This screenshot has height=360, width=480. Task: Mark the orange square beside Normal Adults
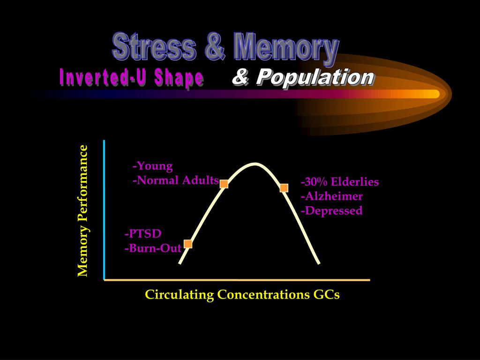pyautogui.click(x=224, y=184)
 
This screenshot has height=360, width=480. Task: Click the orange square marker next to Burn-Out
pyautogui.click(x=188, y=244)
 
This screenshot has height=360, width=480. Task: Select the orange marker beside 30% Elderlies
pyautogui.click(x=284, y=188)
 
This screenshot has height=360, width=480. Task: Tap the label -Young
pyautogui.click(x=153, y=166)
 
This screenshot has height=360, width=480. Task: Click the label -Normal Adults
pyautogui.click(x=176, y=180)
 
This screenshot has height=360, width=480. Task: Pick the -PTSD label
pyautogui.click(x=143, y=234)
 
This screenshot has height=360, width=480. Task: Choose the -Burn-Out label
pyautogui.click(x=153, y=248)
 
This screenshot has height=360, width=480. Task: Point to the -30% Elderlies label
pyautogui.click(x=340, y=182)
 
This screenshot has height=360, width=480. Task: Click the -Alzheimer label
pyautogui.click(x=332, y=196)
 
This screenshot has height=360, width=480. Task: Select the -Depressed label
pyautogui.click(x=331, y=210)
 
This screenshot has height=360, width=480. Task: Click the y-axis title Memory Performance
pyautogui.click(x=82, y=210)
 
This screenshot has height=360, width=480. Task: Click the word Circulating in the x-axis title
pyautogui.click(x=180, y=295)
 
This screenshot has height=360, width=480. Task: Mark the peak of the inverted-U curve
pyautogui.click(x=255, y=164)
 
